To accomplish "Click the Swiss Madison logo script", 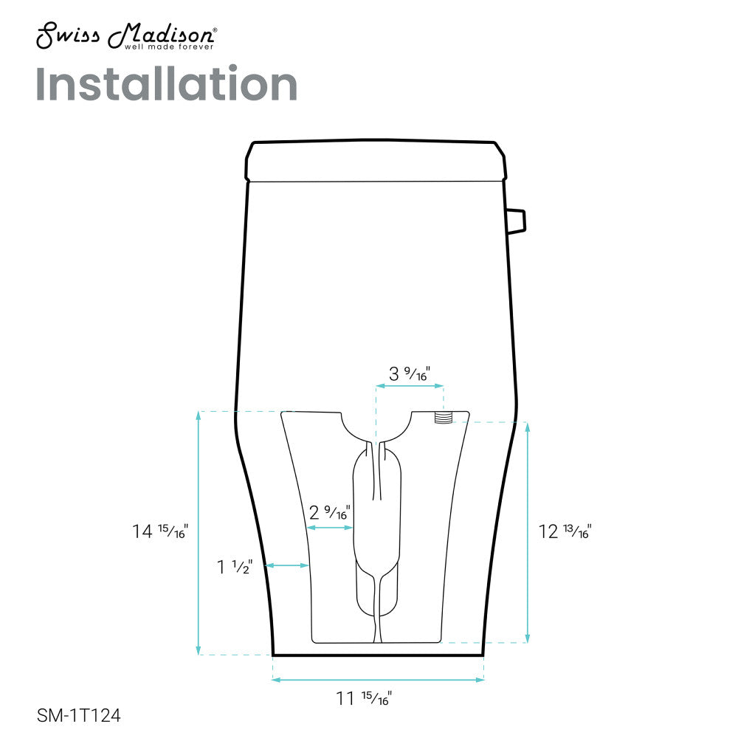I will click(125, 34).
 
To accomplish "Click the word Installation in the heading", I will click(166, 85).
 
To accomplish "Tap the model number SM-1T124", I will click(78, 715).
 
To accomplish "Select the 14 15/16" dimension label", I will click(160, 530).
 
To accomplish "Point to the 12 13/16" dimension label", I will click(565, 531).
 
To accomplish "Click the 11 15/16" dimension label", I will click(364, 697).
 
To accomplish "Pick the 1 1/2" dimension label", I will click(235, 567).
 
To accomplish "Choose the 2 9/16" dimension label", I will click(329, 511).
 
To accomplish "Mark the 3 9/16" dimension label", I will click(410, 373).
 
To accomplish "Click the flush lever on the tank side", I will click(516, 219).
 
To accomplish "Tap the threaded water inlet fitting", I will click(443, 417).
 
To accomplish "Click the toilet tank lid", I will click(376, 161).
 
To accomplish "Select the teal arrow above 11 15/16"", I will click(378, 680).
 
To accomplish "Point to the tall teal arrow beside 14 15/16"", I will click(199, 532).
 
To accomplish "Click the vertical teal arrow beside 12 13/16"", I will click(527, 531).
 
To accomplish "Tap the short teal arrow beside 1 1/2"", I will click(286, 566).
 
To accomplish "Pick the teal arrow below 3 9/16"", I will click(410, 385).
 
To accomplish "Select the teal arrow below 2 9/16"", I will click(331, 528).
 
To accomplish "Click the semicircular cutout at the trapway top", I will click(376, 426).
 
